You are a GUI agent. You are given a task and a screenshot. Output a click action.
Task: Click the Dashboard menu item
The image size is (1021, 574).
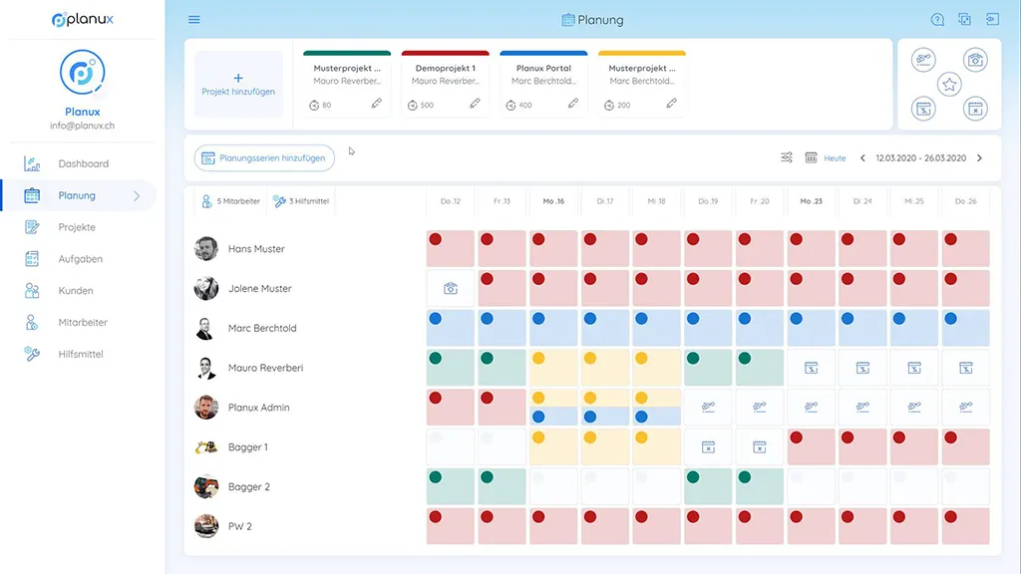83,163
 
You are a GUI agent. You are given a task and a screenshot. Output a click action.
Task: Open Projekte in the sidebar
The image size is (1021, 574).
77,227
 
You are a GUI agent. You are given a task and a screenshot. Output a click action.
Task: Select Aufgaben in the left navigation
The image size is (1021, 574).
80,259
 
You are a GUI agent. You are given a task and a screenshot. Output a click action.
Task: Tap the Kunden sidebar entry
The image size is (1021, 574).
76,291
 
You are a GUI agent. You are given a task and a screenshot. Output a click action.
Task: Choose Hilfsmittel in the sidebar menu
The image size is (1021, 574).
81,355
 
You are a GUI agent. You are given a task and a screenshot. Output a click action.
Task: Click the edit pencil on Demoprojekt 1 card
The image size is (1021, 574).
475,104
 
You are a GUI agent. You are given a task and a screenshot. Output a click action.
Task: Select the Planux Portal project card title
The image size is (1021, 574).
543,69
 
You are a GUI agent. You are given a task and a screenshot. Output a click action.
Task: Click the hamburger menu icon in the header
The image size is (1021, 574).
194,20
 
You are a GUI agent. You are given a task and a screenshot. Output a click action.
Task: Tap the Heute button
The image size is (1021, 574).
835,158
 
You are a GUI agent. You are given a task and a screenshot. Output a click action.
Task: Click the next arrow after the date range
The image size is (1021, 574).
979,158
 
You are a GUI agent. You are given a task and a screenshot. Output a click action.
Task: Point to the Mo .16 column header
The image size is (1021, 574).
553,201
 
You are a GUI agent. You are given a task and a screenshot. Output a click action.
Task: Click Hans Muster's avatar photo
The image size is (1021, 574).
206,249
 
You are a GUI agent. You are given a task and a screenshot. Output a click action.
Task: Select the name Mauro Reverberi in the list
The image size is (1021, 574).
265,368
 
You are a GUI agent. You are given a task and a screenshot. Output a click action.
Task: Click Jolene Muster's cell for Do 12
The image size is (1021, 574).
451,289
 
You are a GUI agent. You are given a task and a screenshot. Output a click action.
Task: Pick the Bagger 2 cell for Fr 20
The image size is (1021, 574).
760,486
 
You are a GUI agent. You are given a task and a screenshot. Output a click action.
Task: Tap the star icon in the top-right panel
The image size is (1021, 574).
950,85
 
